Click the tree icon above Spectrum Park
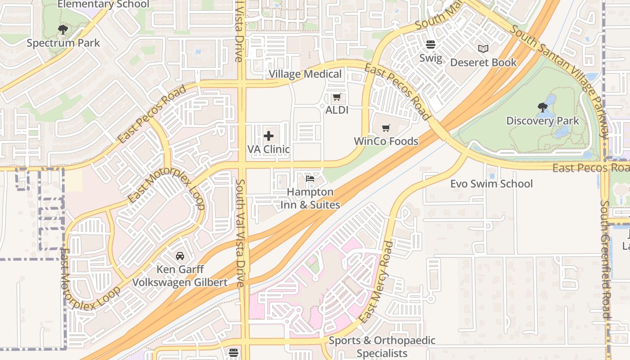[63, 30]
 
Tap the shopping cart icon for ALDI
[337, 97]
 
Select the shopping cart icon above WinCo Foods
[386, 128]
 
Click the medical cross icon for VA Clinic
[269, 136]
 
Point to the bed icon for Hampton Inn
[310, 179]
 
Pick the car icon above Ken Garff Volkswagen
[180, 256]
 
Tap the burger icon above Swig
[431, 45]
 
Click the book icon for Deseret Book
[483, 49]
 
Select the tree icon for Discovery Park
[543, 107]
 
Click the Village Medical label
[305, 74]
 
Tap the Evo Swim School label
[491, 184]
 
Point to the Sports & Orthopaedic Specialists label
[382, 346]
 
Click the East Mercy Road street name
[376, 282]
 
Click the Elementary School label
[103, 4]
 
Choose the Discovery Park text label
[543, 121]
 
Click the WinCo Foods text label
[386, 141]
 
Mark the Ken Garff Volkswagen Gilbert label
[180, 276]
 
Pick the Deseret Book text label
[483, 63]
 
